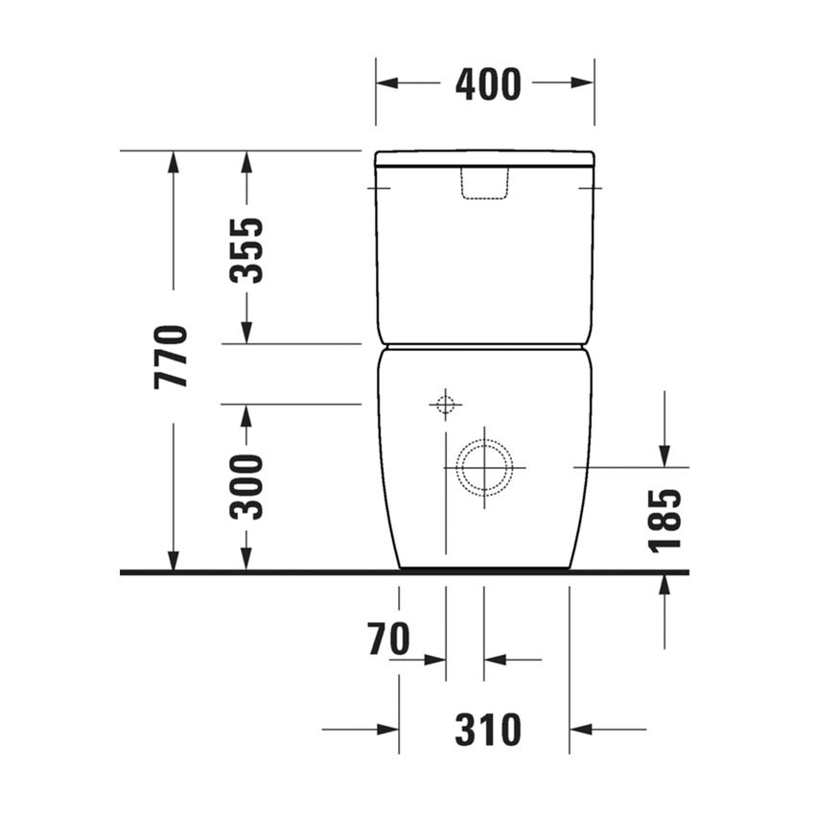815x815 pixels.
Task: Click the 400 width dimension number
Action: (487, 84)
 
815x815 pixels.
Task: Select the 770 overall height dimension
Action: (173, 357)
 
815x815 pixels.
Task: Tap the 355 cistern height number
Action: (248, 250)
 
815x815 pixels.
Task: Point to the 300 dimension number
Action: (248, 486)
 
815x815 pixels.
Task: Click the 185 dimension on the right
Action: (664, 521)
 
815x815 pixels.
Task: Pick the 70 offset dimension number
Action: (388, 640)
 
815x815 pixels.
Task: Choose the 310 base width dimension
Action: (488, 731)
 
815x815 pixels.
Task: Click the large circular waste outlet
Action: (484, 467)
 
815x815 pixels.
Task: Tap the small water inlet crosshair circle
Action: (444, 405)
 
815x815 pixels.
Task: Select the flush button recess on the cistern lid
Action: (483, 183)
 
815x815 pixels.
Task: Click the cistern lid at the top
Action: (484, 157)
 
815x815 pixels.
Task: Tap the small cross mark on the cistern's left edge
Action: (375, 188)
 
